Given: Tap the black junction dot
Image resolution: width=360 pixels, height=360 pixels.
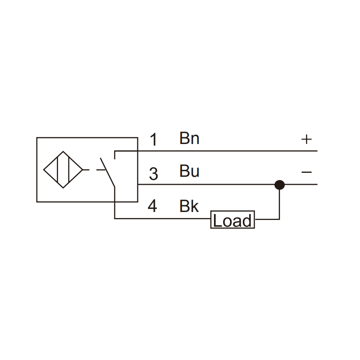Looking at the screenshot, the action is point(280,185).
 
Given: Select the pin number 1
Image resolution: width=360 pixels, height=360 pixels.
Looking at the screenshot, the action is point(154,139).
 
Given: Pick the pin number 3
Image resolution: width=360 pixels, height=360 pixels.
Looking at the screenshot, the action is point(154,174).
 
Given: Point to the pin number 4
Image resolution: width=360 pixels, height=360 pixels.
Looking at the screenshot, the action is point(152,206).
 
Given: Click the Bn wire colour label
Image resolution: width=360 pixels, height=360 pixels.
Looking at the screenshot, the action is point(190,138).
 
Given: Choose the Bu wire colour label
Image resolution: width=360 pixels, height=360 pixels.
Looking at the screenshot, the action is point(190,171).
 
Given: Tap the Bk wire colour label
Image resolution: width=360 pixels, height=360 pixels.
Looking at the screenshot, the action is point(189,206).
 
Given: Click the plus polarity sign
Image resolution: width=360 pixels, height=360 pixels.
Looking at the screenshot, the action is point(306,139).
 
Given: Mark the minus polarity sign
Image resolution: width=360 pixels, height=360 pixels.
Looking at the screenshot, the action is point(306,172).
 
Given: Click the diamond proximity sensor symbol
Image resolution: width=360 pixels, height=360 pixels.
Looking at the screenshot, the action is point(63,170).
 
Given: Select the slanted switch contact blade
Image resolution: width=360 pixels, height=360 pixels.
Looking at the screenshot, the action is point(108,172).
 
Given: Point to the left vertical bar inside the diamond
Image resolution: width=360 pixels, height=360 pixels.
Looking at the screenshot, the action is point(57,170).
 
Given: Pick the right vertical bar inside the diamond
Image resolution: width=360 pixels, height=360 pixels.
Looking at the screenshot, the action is point(69,170).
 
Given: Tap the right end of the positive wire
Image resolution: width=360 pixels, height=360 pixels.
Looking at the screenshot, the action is point(317,151).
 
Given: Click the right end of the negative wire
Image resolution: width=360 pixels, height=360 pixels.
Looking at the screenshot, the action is point(317,184).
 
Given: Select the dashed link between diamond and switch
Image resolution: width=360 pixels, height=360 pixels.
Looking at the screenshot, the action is point(94,170).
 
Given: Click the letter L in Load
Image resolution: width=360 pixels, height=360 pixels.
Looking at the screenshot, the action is point(217,220).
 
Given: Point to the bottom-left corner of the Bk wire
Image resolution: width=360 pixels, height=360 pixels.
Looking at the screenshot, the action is point(114,218).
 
